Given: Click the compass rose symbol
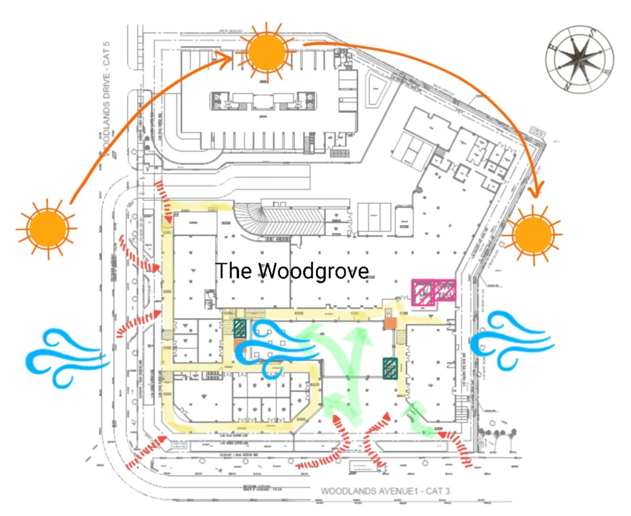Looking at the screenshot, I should coord(579,59).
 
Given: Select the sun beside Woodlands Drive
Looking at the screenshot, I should coord(47,229).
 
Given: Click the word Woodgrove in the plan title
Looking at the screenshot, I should coord(314,271).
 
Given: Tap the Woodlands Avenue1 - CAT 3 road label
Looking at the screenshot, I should coord(385,491).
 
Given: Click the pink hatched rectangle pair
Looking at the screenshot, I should coord(433,292).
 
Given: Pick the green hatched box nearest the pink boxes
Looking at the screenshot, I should coord(390,368).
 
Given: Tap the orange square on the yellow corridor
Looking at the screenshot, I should coord(390,323).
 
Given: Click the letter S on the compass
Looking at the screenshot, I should coord(592,34).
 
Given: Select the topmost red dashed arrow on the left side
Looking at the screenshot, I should coord(164,201).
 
